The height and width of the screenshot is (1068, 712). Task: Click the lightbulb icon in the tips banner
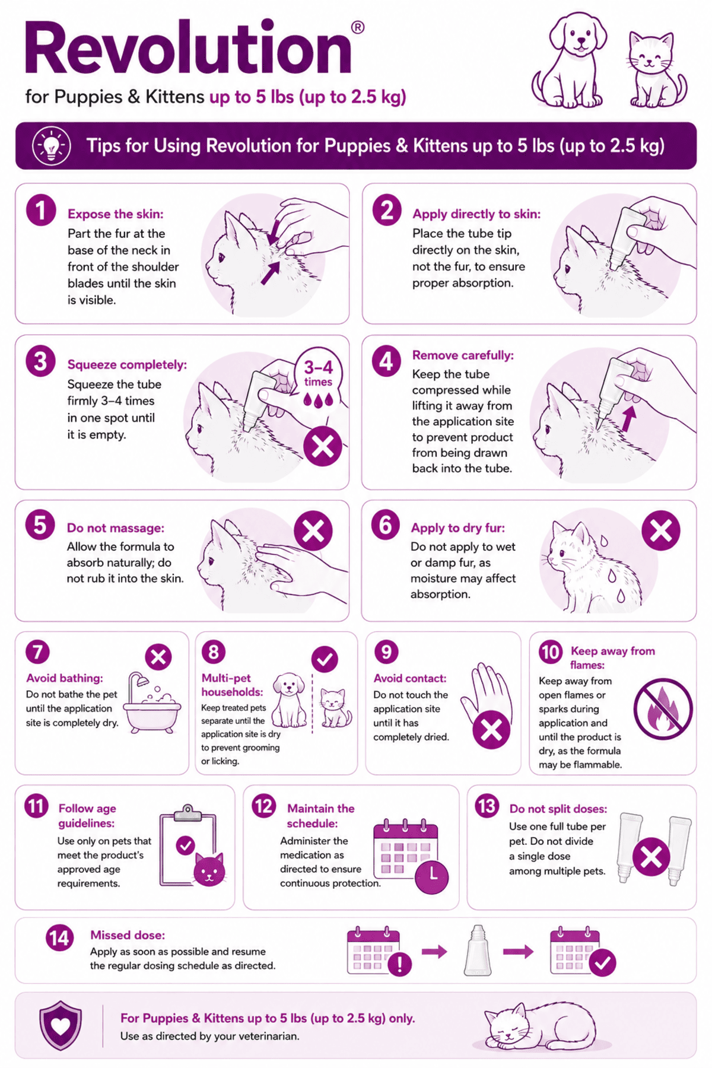[x=52, y=145]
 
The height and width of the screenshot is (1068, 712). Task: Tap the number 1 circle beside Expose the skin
[x=41, y=211]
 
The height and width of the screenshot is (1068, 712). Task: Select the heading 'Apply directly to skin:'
[x=476, y=214]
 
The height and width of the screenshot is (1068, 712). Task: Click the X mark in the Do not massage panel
[x=313, y=531]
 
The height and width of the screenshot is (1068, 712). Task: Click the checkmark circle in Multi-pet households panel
[x=325, y=659]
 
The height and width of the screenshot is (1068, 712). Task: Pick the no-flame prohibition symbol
[x=663, y=709]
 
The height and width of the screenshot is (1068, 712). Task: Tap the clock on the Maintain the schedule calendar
[x=432, y=876]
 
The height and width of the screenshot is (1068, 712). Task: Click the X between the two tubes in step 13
[x=651, y=857]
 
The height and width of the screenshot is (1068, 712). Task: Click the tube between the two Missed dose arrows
[x=478, y=951]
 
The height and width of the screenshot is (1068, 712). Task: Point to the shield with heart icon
[x=61, y=1025]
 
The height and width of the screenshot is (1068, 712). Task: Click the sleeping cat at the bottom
[x=540, y=1025]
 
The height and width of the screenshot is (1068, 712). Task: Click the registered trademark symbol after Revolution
[x=358, y=27]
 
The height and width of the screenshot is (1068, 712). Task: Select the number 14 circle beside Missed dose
[x=60, y=938]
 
